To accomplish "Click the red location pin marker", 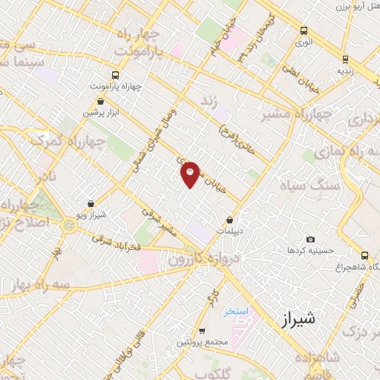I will click(191, 174).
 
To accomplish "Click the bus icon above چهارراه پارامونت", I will click(115, 75).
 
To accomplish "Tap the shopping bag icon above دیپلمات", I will click(230, 220).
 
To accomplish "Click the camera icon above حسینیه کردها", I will click(310, 239).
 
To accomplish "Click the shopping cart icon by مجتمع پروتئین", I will click(202, 331).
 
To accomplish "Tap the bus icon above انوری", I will click(303, 31).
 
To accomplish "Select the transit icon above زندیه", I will click(345, 59).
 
